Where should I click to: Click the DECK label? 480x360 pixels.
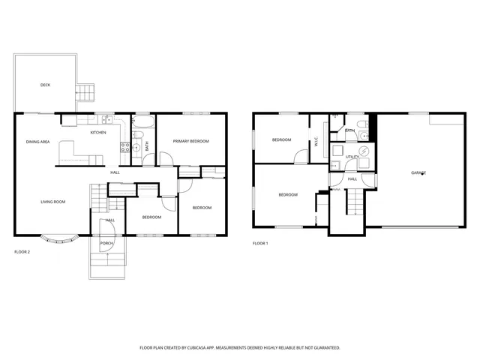[x=45, y=85]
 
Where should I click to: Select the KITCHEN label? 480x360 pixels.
[x=98, y=133]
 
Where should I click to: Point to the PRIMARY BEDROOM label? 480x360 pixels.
[x=190, y=142]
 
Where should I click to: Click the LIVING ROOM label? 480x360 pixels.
[x=52, y=202]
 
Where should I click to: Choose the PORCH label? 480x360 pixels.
[x=107, y=244]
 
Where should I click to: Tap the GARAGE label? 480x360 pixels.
[x=418, y=173]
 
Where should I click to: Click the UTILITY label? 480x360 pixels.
[x=352, y=157]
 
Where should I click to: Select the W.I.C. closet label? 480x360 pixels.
[x=316, y=142]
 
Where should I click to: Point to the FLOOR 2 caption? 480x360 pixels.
[x=22, y=252]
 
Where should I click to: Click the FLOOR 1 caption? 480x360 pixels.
[x=260, y=244]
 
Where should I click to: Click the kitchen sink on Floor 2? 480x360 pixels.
[x=108, y=120]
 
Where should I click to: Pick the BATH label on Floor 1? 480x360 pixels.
[x=350, y=131]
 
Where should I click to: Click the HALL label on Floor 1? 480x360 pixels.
[x=352, y=180]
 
